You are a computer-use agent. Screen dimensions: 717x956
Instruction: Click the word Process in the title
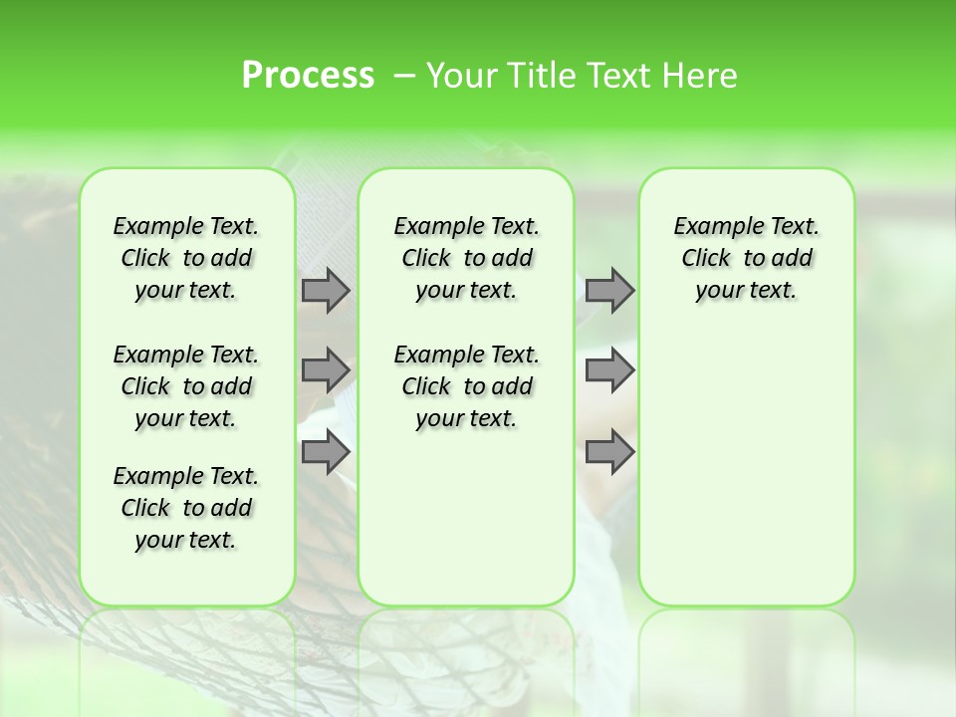pos(308,75)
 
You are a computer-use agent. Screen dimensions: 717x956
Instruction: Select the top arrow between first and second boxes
pos(325,290)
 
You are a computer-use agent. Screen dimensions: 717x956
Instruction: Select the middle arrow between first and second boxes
pos(325,370)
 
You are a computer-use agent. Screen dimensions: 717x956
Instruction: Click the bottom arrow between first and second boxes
pos(325,451)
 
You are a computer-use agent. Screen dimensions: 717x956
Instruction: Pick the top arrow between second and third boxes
pos(609,290)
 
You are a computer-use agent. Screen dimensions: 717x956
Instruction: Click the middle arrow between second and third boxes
pos(609,370)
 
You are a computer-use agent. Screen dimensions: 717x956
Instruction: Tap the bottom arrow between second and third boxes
pos(609,451)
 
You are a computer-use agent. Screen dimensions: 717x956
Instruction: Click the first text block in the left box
pos(186,258)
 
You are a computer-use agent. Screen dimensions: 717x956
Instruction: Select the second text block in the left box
pos(186,386)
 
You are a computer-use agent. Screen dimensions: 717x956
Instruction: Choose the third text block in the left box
pos(186,508)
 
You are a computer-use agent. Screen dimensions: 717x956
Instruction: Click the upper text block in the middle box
pos(466,258)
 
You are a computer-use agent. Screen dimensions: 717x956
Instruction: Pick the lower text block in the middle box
pos(466,386)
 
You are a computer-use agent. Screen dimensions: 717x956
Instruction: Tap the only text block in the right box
pos(747,258)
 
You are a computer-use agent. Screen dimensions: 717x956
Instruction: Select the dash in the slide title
pos(404,76)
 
